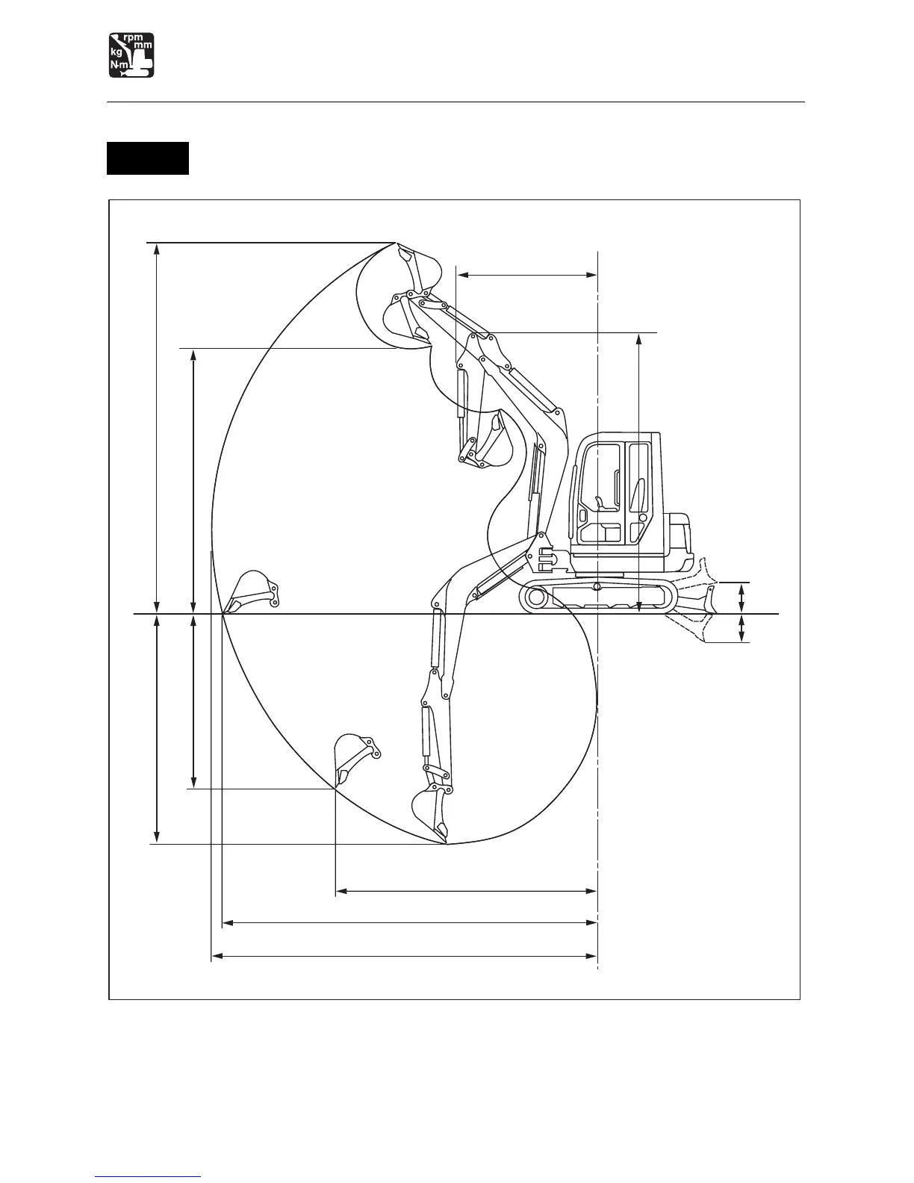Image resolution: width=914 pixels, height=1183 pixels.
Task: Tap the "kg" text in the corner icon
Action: click(x=116, y=52)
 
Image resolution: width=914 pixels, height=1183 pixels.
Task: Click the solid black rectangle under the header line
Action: click(x=148, y=158)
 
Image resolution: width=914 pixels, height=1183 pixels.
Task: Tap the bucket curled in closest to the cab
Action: click(x=493, y=444)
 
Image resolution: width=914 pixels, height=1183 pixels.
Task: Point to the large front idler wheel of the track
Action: click(x=535, y=597)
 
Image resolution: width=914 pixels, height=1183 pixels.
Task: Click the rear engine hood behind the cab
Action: click(x=680, y=534)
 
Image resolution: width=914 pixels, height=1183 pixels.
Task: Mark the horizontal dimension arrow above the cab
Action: click(x=526, y=276)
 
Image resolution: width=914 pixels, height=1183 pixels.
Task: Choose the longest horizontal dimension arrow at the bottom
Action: click(x=404, y=955)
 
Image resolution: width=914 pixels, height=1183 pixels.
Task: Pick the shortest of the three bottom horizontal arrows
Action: click(x=466, y=891)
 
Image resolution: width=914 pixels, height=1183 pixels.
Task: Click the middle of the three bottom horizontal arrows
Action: click(x=410, y=923)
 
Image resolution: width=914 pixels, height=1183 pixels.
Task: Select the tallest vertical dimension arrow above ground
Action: click(x=156, y=428)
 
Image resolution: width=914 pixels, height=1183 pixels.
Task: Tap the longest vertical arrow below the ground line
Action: click(x=156, y=728)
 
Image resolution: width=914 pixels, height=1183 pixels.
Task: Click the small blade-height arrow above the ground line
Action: click(x=742, y=597)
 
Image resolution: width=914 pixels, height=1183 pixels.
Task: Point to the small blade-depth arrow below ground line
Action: click(x=742, y=628)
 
